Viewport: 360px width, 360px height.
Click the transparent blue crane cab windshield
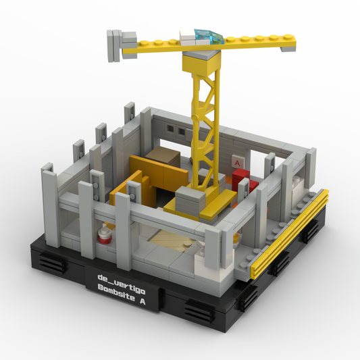point(208,36)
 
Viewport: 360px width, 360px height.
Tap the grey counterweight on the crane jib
point(122,45)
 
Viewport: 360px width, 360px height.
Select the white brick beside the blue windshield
point(188,37)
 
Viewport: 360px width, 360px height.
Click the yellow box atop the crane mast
point(201,61)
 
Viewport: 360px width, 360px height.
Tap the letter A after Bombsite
point(143,301)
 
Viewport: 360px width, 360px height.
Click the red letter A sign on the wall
point(237,162)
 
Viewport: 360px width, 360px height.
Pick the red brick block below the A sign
point(244,180)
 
